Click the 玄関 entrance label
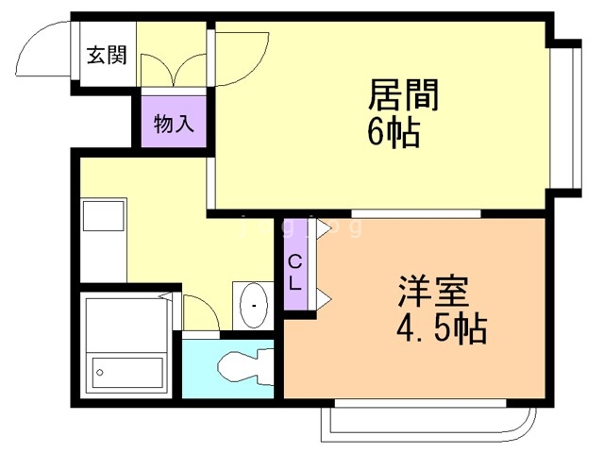click(x=107, y=55)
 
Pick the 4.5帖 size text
click(x=442, y=329)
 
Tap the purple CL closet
click(x=294, y=269)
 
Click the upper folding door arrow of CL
click(x=323, y=228)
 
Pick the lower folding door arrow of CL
click(x=323, y=299)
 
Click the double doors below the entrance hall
click(x=172, y=70)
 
